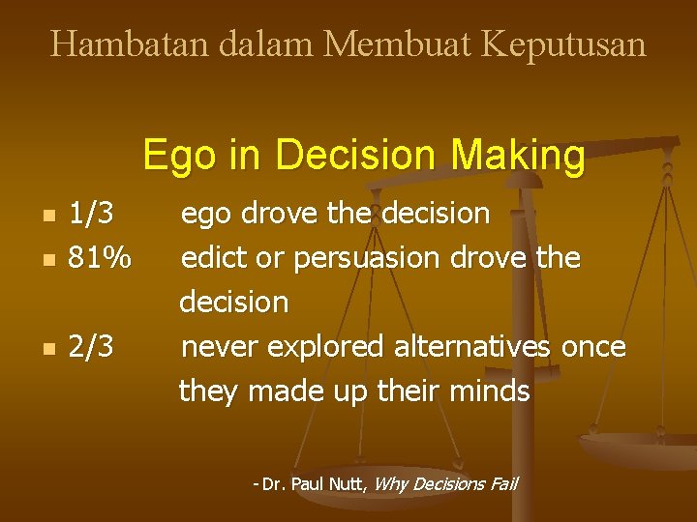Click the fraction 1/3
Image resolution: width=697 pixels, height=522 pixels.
click(91, 213)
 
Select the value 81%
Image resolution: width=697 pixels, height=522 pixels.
click(100, 258)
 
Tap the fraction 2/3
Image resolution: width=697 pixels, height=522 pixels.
click(91, 346)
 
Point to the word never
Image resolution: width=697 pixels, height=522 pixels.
click(214, 347)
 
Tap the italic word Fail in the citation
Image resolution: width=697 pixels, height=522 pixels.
click(500, 483)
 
